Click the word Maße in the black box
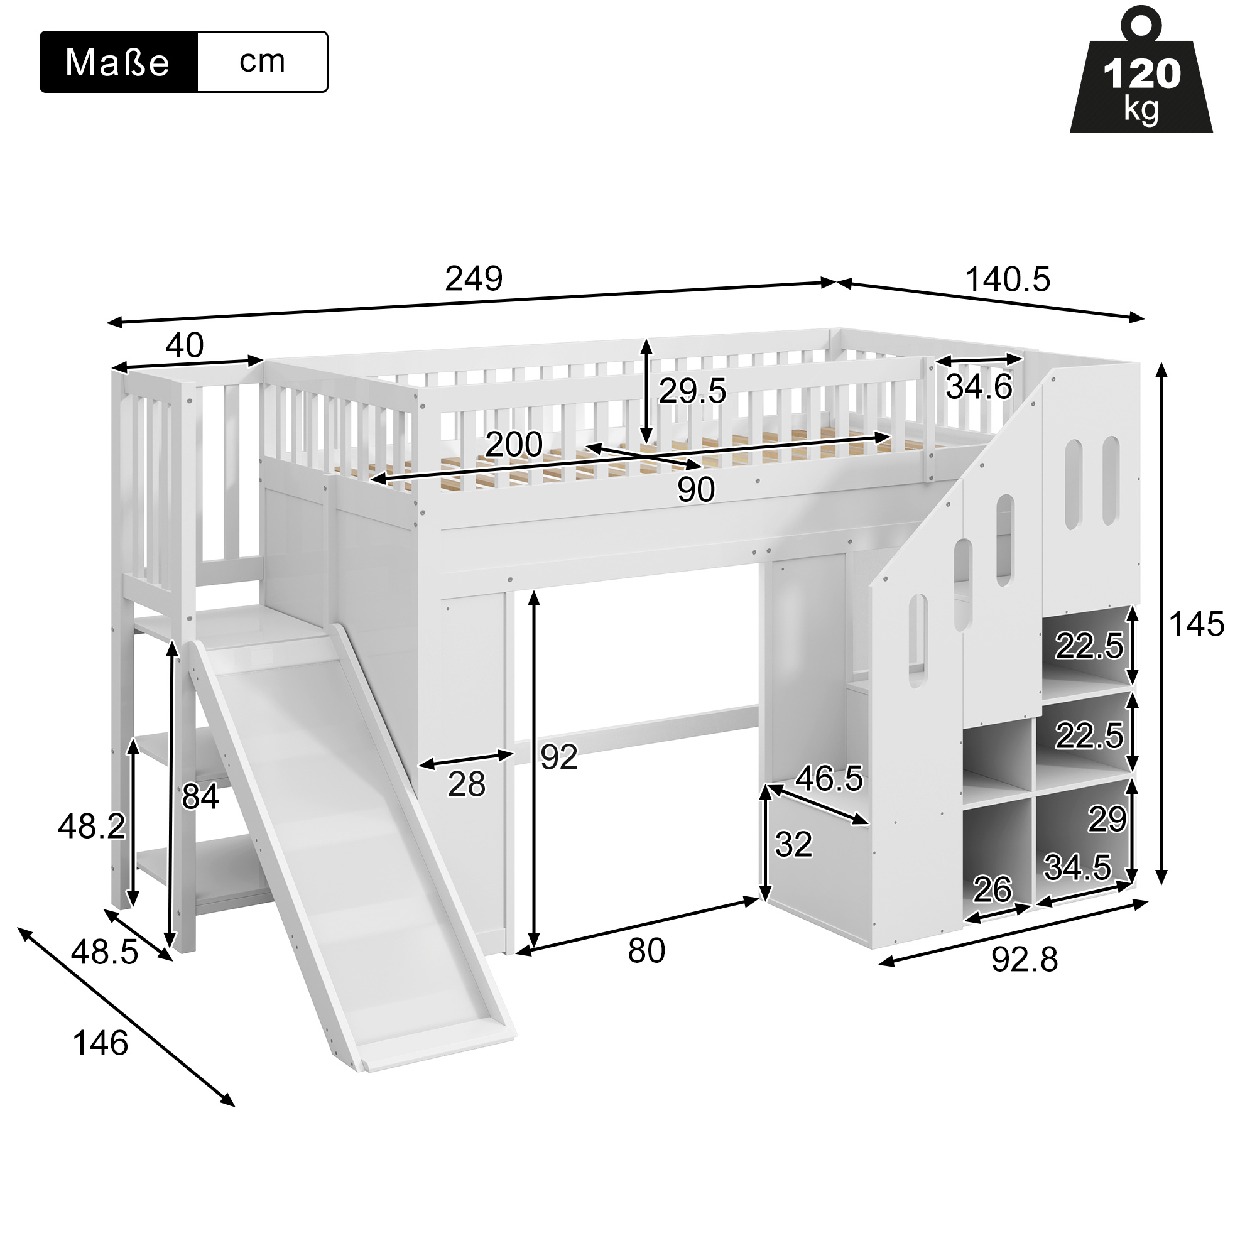point(117,63)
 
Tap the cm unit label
point(262,61)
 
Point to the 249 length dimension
point(474,279)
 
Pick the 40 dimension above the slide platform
point(185,345)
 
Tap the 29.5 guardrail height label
point(692,391)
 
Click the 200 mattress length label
point(514,444)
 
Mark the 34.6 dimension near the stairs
point(979,387)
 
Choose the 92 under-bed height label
point(559,757)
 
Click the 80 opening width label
point(646,951)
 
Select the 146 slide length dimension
point(101,1043)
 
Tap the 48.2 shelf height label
point(92,826)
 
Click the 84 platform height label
point(200,796)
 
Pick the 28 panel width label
point(467,785)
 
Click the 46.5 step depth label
point(829,778)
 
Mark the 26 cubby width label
point(993,890)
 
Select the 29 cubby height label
point(1107,820)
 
